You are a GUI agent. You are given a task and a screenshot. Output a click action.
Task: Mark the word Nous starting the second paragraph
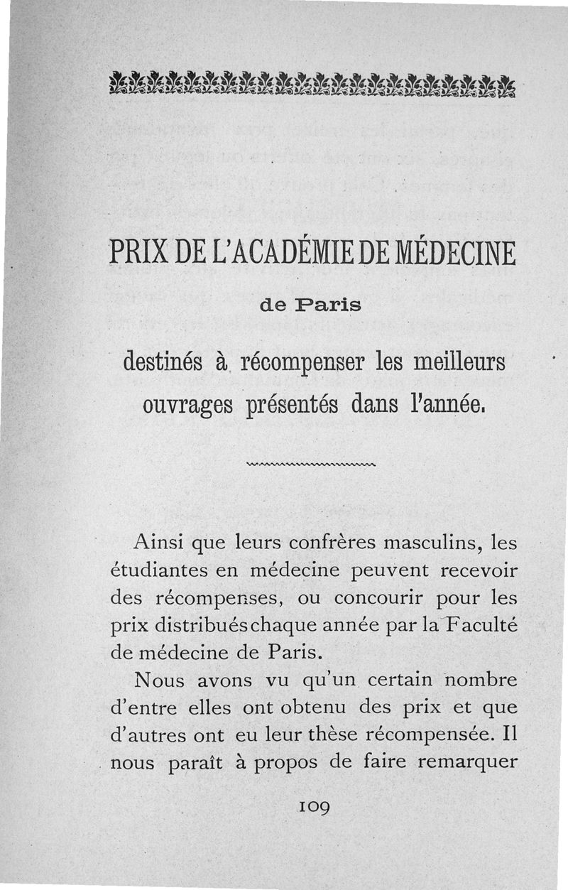(x=158, y=680)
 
